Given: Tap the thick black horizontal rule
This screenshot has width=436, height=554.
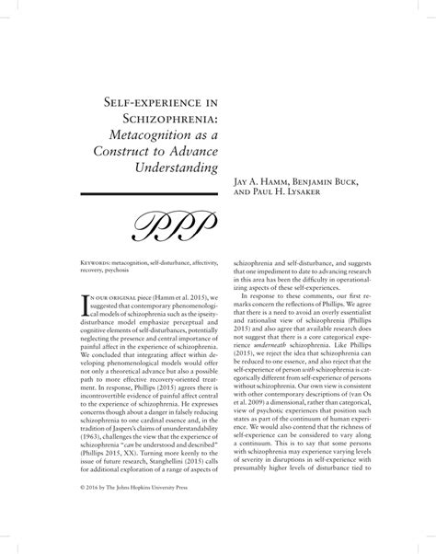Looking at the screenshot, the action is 147,194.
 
